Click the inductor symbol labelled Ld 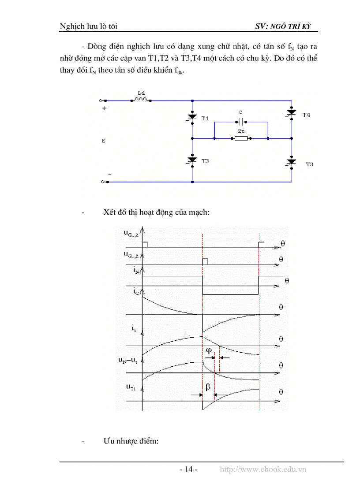[x=141, y=99]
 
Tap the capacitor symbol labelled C [x=241, y=121]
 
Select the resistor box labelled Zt [x=241, y=138]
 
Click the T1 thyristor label [x=205, y=119]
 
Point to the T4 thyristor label [x=306, y=115]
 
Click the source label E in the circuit [x=104, y=141]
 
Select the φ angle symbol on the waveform [x=209, y=350]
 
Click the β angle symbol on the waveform [x=208, y=387]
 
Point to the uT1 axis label [x=131, y=387]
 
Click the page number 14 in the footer [x=188, y=469]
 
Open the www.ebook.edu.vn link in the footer [x=263, y=469]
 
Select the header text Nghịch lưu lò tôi [x=88, y=26]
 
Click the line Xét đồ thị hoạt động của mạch [x=157, y=212]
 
